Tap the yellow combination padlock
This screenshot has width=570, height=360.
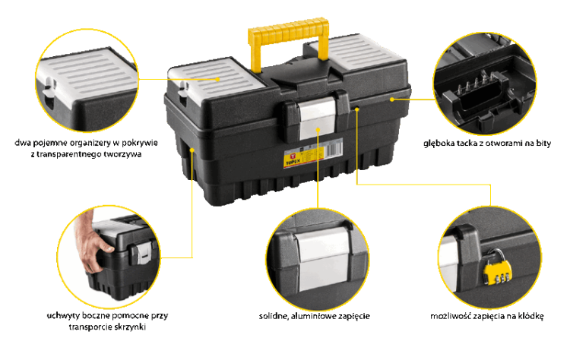tap(497, 270)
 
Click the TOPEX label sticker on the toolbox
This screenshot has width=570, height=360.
tap(312, 153)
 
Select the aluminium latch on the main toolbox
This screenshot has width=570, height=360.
tap(317, 116)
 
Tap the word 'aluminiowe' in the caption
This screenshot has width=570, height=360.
tap(313, 316)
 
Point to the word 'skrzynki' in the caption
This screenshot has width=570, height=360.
tap(130, 327)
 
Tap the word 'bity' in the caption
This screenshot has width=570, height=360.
tap(543, 143)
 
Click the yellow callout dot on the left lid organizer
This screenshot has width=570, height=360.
tap(218, 79)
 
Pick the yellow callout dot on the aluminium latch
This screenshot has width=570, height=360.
tap(318, 129)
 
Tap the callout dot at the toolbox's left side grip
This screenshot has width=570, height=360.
tap(192, 150)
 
